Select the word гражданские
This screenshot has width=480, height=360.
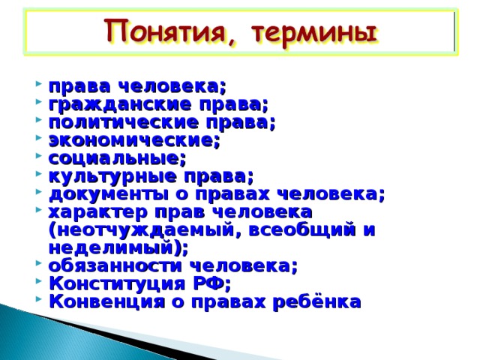pyautogui.click(x=120, y=105)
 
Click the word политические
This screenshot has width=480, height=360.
pyautogui.click(x=124, y=122)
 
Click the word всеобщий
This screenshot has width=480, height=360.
pyautogui.click(x=302, y=230)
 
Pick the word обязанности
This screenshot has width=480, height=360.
pyautogui.click(x=115, y=266)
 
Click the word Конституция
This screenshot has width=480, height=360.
pyautogui.click(x=117, y=284)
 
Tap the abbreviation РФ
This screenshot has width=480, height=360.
pyautogui.click(x=209, y=283)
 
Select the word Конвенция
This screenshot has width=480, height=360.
pyautogui.click(x=106, y=301)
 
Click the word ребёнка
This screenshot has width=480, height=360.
pyautogui.click(x=316, y=301)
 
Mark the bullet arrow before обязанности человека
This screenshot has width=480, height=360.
pyautogui.click(x=38, y=263)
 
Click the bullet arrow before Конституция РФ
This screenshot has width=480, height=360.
pyautogui.click(x=38, y=281)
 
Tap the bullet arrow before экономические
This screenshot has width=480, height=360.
pyautogui.click(x=38, y=137)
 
